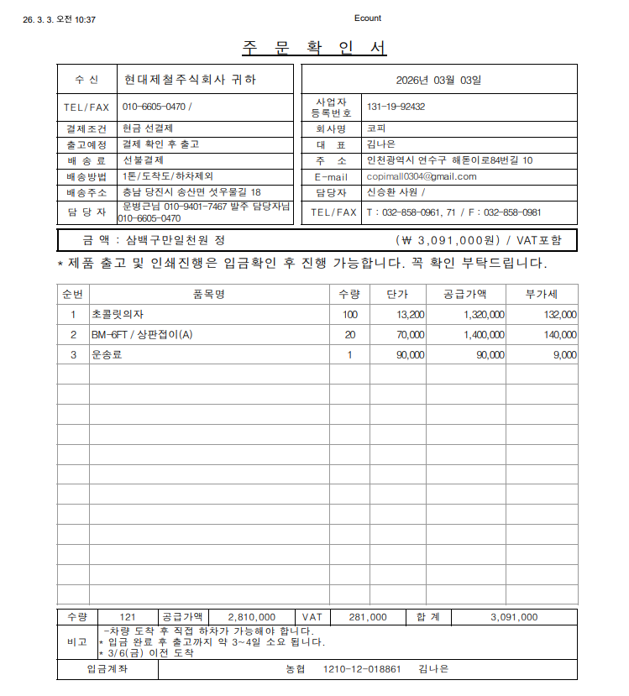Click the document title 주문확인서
[314, 48]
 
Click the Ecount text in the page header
[367, 18]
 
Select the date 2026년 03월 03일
[438, 81]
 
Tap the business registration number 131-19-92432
[396, 107]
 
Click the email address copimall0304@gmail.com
[422, 176]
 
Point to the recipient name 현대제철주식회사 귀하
[189, 80]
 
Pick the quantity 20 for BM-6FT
[349, 334]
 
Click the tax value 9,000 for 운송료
[564, 355]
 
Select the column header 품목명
[208, 294]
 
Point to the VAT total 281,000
[367, 617]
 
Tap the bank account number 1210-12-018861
[362, 669]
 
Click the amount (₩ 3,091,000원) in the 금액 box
[448, 240]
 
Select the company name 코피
[376, 128]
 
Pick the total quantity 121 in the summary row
[128, 617]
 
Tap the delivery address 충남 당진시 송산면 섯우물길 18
[191, 192]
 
